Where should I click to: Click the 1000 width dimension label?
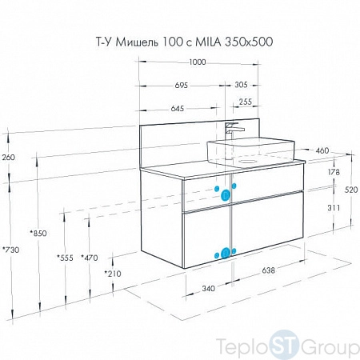coord(198,62)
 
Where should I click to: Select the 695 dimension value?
coord(182,86)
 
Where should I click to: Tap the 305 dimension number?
coord(241,85)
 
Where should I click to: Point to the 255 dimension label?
coord(245,102)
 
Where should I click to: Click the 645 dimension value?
coord(178,109)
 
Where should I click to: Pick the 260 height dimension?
coord(9,158)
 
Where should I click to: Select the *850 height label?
coord(38,234)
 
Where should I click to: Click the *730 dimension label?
coord(10,250)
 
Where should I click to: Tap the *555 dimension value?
coord(65,258)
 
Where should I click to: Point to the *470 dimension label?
coord(90,258)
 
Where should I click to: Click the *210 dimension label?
coord(113,274)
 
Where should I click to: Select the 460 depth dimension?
coord(322,150)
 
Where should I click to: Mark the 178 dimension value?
coord(334,172)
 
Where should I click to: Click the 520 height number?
coord(351,190)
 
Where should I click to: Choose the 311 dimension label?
coord(334,208)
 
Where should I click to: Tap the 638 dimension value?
coord(268,270)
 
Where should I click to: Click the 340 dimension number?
coord(208,289)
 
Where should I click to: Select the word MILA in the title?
coord(208,42)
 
